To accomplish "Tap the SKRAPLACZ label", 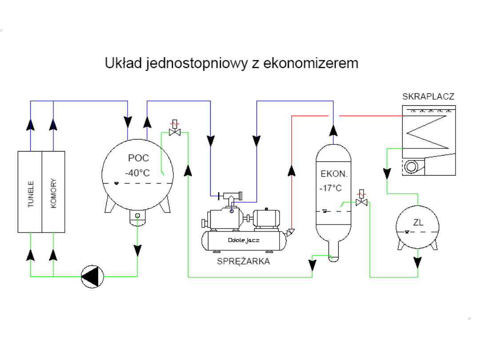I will [428, 96].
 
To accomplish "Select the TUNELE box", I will [30, 192].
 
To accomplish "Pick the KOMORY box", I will [53, 192].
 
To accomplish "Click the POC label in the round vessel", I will [138, 158].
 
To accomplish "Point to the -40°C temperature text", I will [137, 172].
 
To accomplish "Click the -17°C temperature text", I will [330, 188].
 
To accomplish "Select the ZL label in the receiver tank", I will [418, 222].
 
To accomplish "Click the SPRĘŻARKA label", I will [243, 261].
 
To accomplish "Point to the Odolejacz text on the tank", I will [243, 240].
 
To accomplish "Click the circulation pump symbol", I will [92, 276].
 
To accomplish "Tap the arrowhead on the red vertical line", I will [291, 171].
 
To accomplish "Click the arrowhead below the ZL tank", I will [418, 262].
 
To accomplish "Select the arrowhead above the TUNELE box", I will [30, 124].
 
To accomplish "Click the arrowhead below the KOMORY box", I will [53, 255].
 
